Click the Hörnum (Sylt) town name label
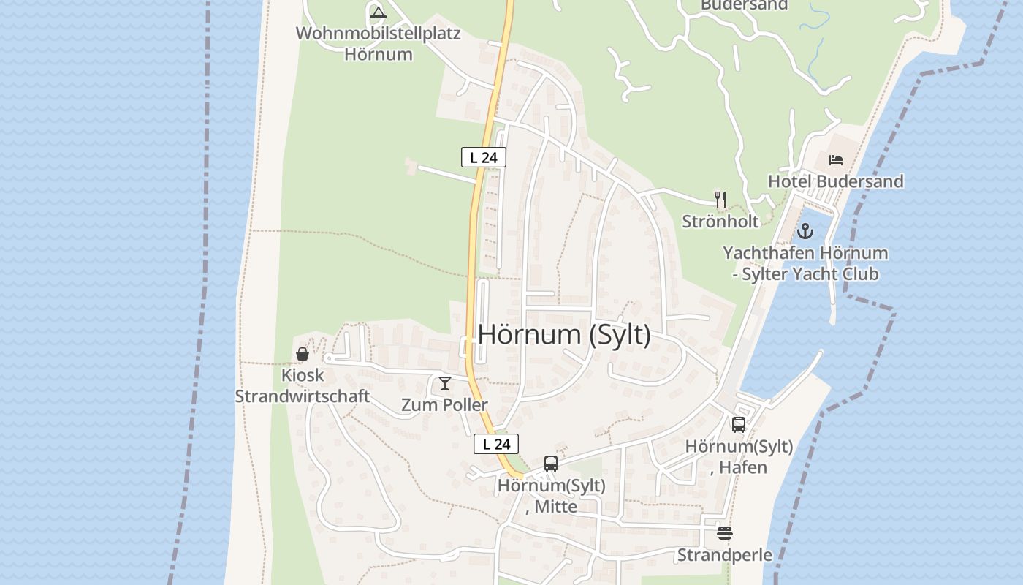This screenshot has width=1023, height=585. [563, 335]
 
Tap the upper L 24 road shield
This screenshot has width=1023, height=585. [483, 157]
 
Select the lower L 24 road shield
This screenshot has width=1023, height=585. [496, 444]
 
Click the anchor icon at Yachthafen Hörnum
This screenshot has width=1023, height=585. [805, 232]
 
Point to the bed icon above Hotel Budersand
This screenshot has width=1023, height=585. [836, 160]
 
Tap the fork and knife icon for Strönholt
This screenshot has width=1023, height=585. [720, 199]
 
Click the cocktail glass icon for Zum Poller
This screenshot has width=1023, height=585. [444, 383]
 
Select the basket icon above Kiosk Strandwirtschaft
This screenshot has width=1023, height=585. [303, 355]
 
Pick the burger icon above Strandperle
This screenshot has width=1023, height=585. [724, 534]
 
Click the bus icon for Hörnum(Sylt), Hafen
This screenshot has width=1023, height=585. [739, 425]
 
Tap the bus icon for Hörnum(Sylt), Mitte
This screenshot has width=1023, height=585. [551, 464]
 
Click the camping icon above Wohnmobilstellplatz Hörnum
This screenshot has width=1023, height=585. [378, 12]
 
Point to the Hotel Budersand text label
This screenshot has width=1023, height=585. [835, 181]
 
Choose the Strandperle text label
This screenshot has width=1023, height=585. [724, 555]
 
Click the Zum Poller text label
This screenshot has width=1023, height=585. [444, 404]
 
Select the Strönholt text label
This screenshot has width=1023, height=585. [720, 221]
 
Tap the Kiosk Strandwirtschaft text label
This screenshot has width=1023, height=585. [302, 386]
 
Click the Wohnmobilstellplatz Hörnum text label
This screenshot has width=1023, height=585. [378, 44]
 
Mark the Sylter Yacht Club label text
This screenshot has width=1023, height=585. [805, 274]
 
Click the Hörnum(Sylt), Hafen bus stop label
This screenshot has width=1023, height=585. [739, 456]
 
